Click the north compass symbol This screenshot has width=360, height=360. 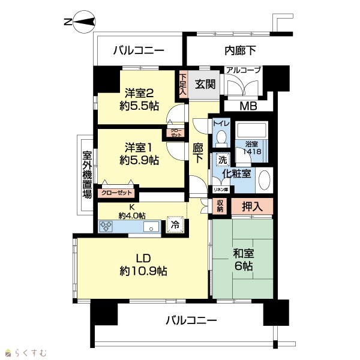(84, 22)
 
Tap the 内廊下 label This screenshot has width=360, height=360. (240, 50)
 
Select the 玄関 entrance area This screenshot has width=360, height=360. (204, 85)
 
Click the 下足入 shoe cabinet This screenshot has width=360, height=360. (183, 84)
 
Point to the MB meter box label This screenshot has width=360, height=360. (248, 106)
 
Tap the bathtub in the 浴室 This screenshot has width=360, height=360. (251, 130)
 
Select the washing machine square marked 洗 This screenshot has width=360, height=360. (223, 160)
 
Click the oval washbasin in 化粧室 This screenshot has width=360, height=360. (264, 180)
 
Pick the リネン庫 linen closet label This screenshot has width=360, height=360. (221, 190)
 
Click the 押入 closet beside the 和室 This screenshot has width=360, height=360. (252, 206)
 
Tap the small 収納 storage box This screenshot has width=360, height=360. (220, 206)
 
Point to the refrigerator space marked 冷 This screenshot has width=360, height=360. (175, 224)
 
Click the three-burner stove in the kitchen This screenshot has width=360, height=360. (106, 226)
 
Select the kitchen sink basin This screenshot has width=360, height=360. (151, 227)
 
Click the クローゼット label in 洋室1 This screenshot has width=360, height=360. (116, 193)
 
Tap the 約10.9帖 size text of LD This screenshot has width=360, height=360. (143, 271)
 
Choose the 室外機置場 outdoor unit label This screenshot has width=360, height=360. (87, 175)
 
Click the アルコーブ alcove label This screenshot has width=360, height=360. (244, 70)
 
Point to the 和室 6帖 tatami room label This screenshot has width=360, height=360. (244, 260)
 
